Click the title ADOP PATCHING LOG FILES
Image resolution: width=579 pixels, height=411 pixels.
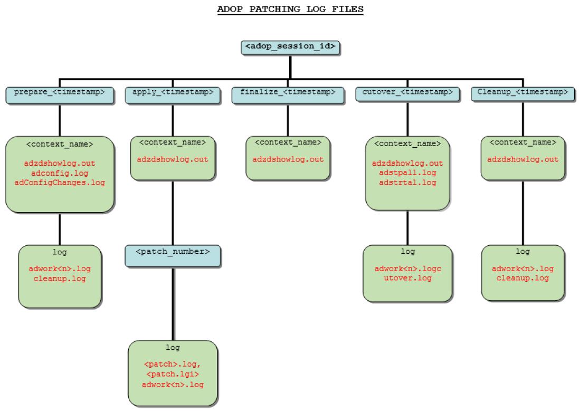click(x=290, y=9)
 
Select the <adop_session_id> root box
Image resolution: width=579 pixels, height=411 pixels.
click(x=290, y=46)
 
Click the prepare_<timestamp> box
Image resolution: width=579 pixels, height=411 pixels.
click(x=60, y=93)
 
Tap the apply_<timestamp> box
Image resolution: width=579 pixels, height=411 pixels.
click(x=173, y=93)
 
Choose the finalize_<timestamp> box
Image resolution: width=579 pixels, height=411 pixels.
click(x=288, y=93)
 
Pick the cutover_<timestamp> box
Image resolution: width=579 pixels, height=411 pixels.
click(x=407, y=93)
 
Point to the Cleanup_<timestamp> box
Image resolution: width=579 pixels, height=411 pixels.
click(x=523, y=93)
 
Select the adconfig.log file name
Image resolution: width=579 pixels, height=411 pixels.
click(x=60, y=173)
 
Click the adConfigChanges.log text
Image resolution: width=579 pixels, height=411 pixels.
click(x=60, y=183)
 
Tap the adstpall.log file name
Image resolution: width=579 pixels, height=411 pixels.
click(x=407, y=173)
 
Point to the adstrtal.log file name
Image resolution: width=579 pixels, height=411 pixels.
click(x=407, y=183)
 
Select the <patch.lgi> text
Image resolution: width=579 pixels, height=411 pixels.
click(x=173, y=375)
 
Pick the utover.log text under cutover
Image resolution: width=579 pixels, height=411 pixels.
click(x=407, y=278)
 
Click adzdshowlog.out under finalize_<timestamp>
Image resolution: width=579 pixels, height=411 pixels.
click(x=288, y=159)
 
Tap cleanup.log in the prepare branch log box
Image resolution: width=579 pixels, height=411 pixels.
click(x=60, y=278)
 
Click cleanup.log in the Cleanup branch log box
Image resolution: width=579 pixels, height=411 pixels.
click(x=523, y=278)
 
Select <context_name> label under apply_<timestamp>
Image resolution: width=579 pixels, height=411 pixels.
click(x=173, y=142)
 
